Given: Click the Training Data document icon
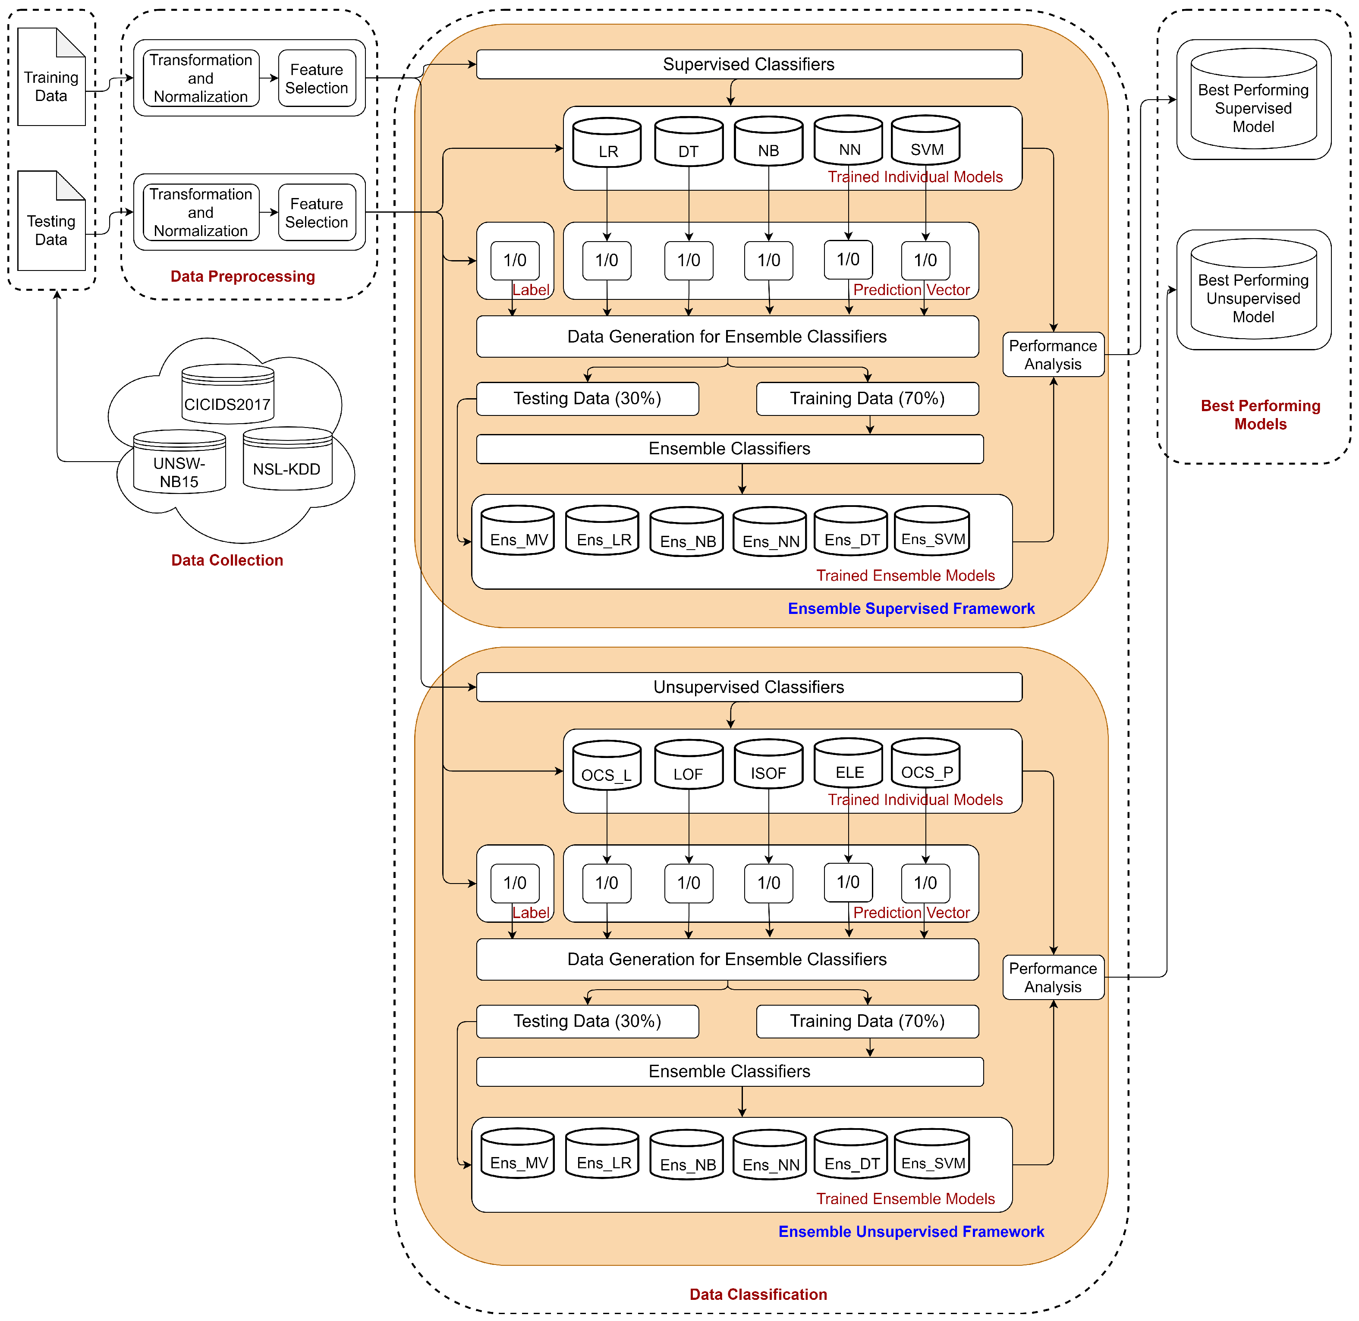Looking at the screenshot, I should click(51, 78).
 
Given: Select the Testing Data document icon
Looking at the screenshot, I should click(51, 222).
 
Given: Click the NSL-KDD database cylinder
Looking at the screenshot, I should click(287, 460).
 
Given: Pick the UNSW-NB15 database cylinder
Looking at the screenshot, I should click(179, 463).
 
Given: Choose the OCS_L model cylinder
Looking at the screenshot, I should click(607, 766).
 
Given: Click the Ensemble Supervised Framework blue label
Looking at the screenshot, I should click(911, 608).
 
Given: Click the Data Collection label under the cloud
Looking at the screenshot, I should click(227, 560).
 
